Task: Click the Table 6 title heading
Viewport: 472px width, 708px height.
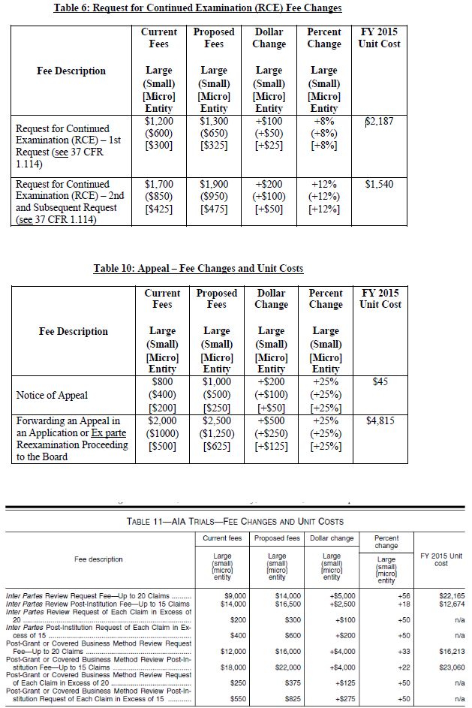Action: pyautogui.click(x=197, y=8)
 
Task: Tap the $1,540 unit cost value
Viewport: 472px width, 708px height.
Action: pyautogui.click(x=380, y=184)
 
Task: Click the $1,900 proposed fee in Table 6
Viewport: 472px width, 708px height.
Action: pyautogui.click(x=214, y=184)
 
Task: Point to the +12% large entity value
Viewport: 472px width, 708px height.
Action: pyautogui.click(x=324, y=184)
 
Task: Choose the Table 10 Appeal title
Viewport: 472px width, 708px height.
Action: pyautogui.click(x=198, y=269)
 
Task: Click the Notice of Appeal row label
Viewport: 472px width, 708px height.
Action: pyautogui.click(x=52, y=395)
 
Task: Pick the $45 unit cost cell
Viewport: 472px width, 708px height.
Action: pyautogui.click(x=380, y=382)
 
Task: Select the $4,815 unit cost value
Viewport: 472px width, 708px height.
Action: pyautogui.click(x=380, y=420)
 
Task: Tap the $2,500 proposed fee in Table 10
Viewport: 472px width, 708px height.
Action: pyautogui.click(x=216, y=420)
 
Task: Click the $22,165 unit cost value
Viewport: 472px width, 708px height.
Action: pyautogui.click(x=447, y=595)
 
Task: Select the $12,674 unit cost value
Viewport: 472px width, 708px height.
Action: pyautogui.click(x=447, y=603)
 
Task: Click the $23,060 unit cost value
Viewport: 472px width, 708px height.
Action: pyautogui.click(x=447, y=666)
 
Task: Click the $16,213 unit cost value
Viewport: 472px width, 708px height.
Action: pyautogui.click(x=447, y=649)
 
